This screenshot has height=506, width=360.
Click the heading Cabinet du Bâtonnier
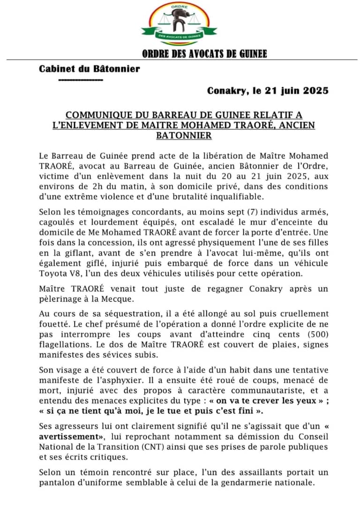90,69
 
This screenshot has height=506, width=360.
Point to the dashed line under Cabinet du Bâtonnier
81,80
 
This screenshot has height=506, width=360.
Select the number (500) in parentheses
317,334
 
